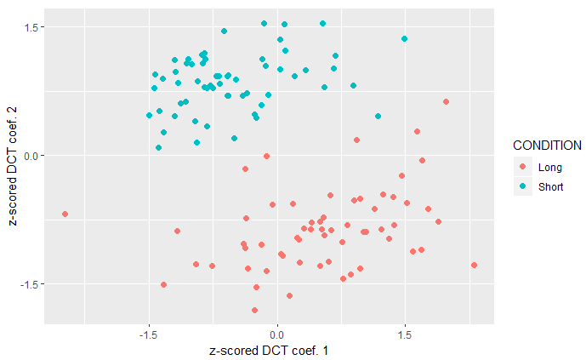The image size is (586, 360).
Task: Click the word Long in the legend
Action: [x=550, y=167]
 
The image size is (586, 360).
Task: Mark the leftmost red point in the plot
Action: [x=65, y=214]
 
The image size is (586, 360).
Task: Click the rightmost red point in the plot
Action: [x=474, y=265]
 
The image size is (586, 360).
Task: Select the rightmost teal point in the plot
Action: [x=404, y=38]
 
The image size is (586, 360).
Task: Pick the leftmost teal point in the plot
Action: [x=149, y=115]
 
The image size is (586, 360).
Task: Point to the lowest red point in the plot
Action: [x=254, y=310]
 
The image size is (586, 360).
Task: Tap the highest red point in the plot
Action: [x=446, y=101]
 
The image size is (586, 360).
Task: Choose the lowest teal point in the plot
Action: [x=158, y=147]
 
